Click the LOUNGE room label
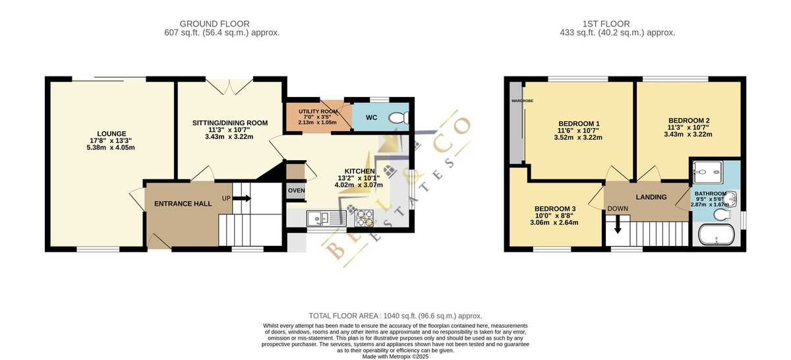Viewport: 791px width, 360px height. pyautogui.click(x=111, y=134)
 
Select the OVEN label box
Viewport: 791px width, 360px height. pyautogui.click(x=296, y=191)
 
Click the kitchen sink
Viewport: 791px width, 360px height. pyautogui.click(x=326, y=218)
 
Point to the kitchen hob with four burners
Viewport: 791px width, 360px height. pyautogui.click(x=364, y=218)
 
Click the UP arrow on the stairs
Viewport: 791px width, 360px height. pyautogui.click(x=241, y=198)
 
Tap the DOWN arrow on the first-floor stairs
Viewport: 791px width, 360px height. pyautogui.click(x=618, y=225)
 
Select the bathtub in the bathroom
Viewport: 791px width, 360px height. pyautogui.click(x=717, y=234)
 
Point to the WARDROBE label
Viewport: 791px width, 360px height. pyautogui.click(x=522, y=101)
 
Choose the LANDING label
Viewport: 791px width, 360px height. pyautogui.click(x=651, y=197)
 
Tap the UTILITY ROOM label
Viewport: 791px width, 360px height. pyautogui.click(x=318, y=111)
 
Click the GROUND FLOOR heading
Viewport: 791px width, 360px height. pyautogui.click(x=214, y=24)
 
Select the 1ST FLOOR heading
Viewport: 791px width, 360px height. pyautogui.click(x=606, y=24)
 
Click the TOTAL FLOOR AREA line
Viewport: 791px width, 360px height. pyautogui.click(x=395, y=316)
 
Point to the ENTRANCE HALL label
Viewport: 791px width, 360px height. pyautogui.click(x=183, y=204)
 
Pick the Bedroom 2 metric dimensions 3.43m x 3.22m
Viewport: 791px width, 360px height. pyautogui.click(x=688, y=135)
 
